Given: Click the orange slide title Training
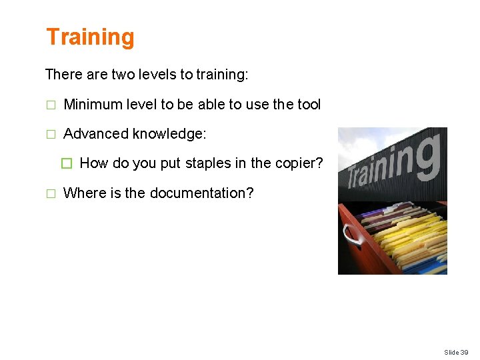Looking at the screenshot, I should (x=90, y=37).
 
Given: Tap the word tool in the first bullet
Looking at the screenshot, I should (x=308, y=105).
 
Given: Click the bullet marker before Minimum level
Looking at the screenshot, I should (x=49, y=105).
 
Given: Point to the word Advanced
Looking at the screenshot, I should (x=95, y=134).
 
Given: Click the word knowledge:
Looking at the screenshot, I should (x=169, y=134).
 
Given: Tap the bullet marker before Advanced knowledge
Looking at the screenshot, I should (x=49, y=135).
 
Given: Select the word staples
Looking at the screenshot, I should (x=207, y=163).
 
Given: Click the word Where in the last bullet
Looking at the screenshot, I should (x=82, y=193).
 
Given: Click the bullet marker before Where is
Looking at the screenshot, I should (x=49, y=194).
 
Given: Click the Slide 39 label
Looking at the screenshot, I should (x=456, y=352).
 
